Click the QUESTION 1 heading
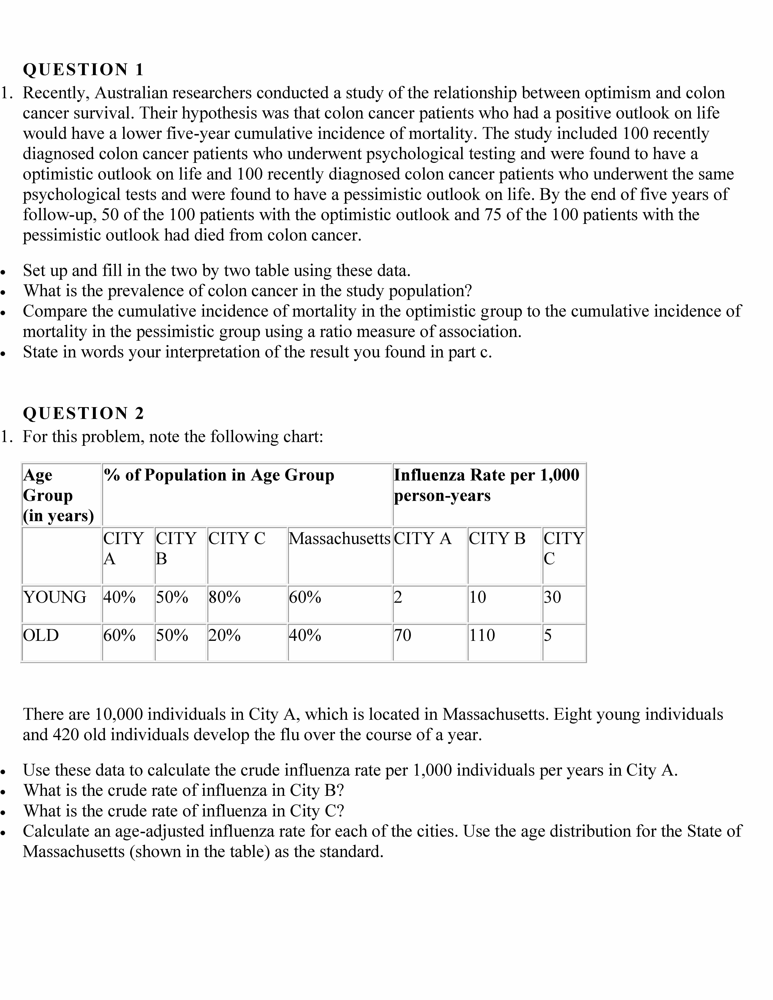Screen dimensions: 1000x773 tap(83, 70)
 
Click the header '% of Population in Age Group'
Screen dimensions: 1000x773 tap(219, 475)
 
